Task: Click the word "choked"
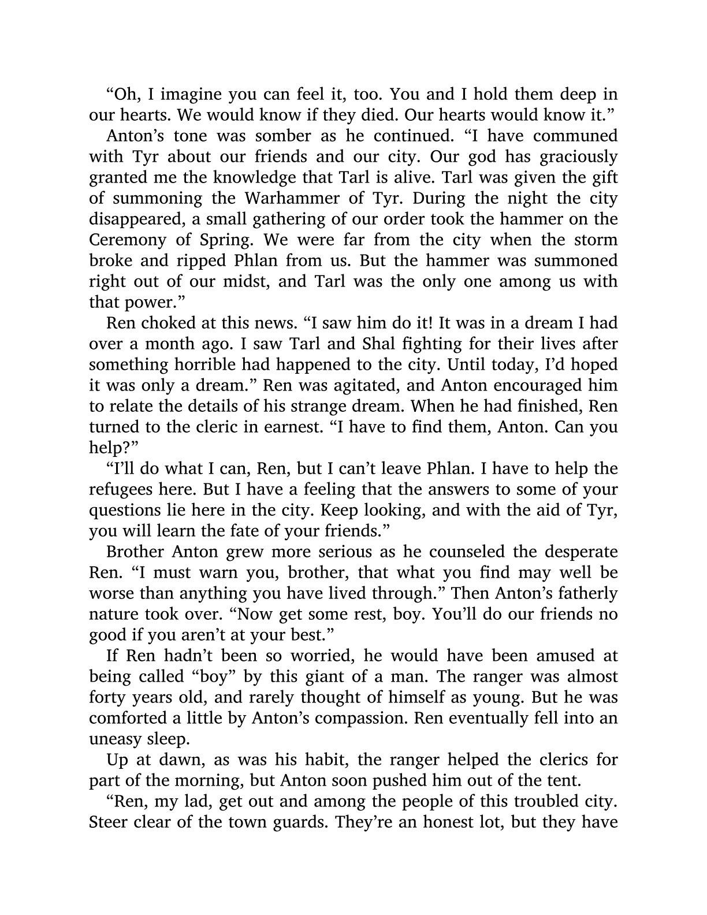coord(165,323)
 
